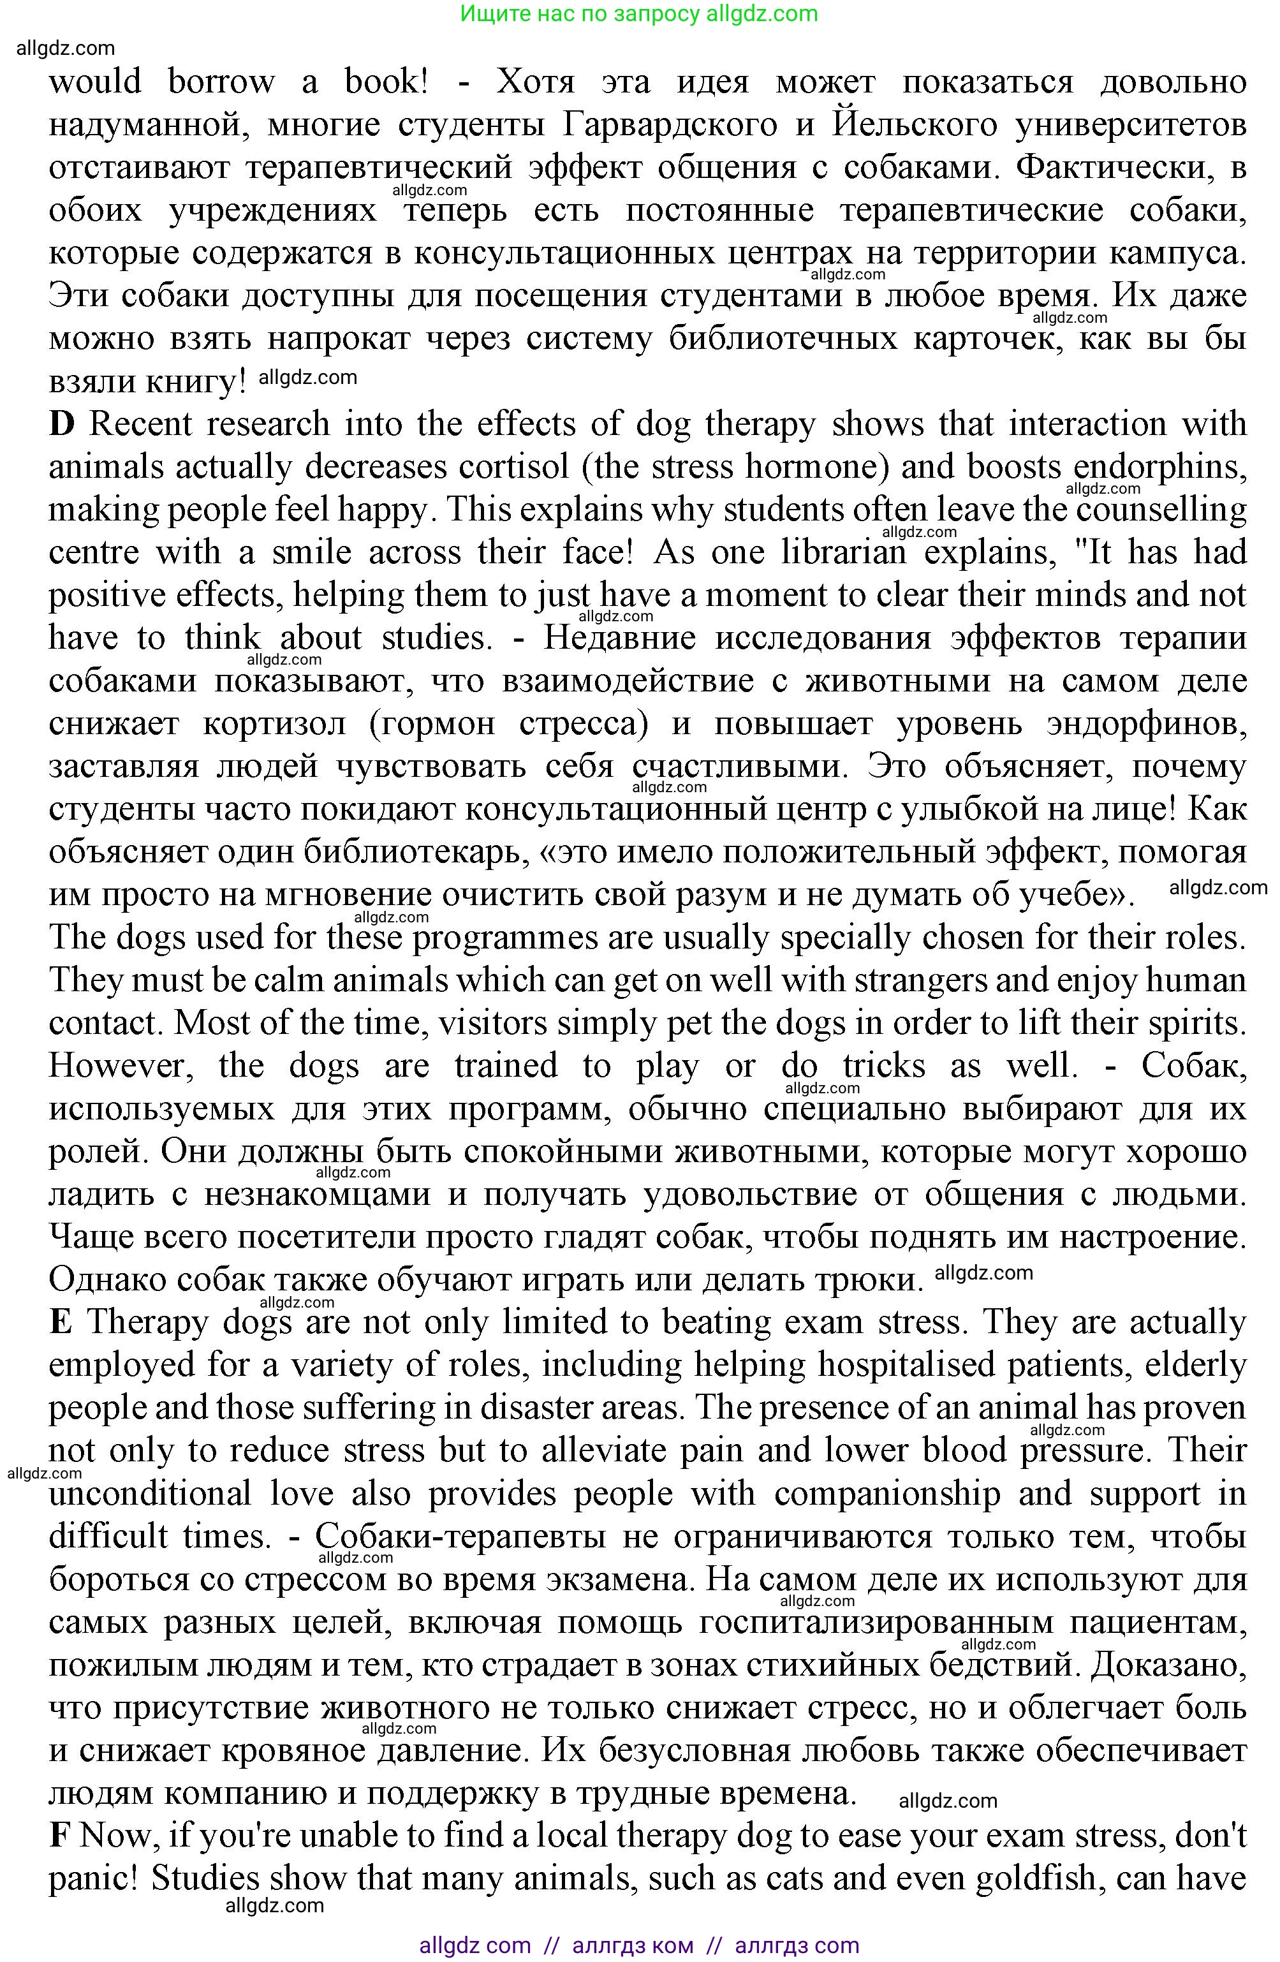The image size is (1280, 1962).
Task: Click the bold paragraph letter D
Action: point(62,425)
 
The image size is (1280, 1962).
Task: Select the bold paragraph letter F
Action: point(59,1835)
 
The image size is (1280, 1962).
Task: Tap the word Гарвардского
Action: point(672,125)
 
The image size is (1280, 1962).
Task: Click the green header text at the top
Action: point(639,14)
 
